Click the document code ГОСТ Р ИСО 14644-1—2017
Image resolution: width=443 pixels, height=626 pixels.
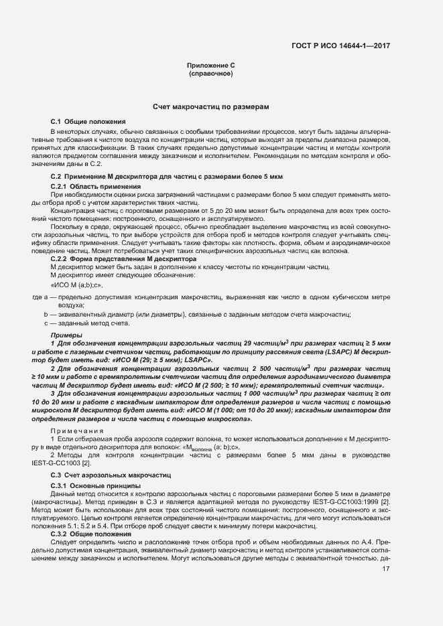click(x=340, y=46)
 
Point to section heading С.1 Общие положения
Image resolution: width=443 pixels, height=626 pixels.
click(x=88, y=121)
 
